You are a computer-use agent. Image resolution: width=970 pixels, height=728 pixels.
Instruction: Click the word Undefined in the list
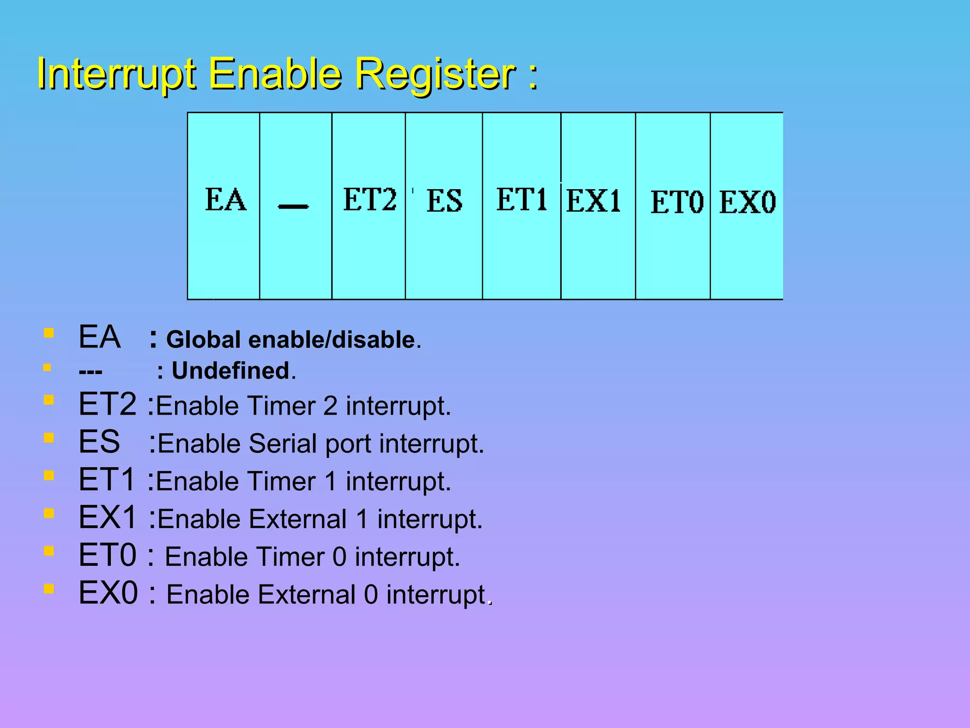click(231, 371)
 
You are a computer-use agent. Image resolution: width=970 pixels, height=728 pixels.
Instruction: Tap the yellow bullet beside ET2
click(48, 400)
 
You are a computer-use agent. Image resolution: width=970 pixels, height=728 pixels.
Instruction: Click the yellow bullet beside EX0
click(48, 589)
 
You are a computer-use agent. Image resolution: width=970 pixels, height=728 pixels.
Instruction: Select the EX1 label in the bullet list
click(108, 517)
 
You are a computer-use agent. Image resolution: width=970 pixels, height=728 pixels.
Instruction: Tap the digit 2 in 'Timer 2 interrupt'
click(330, 406)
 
